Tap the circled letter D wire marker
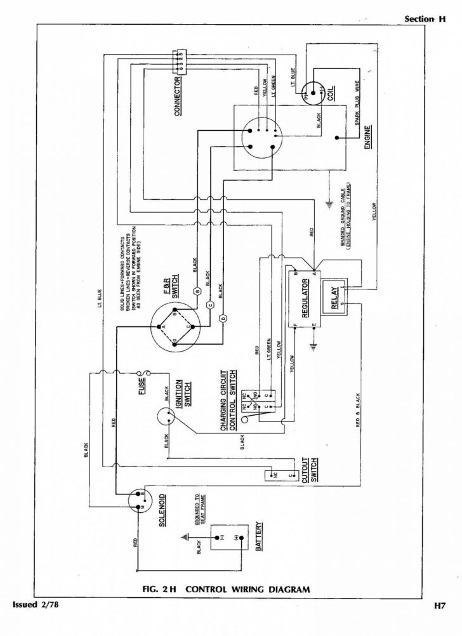pyautogui.click(x=222, y=317)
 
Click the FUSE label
pyautogui.click(x=142, y=387)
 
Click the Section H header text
pyautogui.click(x=425, y=19)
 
